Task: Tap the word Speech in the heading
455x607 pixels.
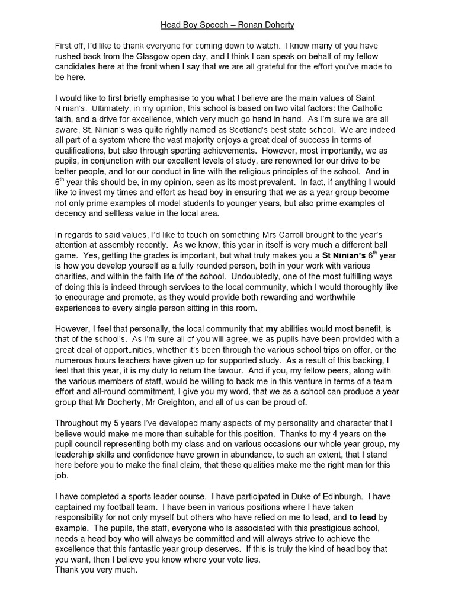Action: point(207,25)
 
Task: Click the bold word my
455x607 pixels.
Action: point(271,328)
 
